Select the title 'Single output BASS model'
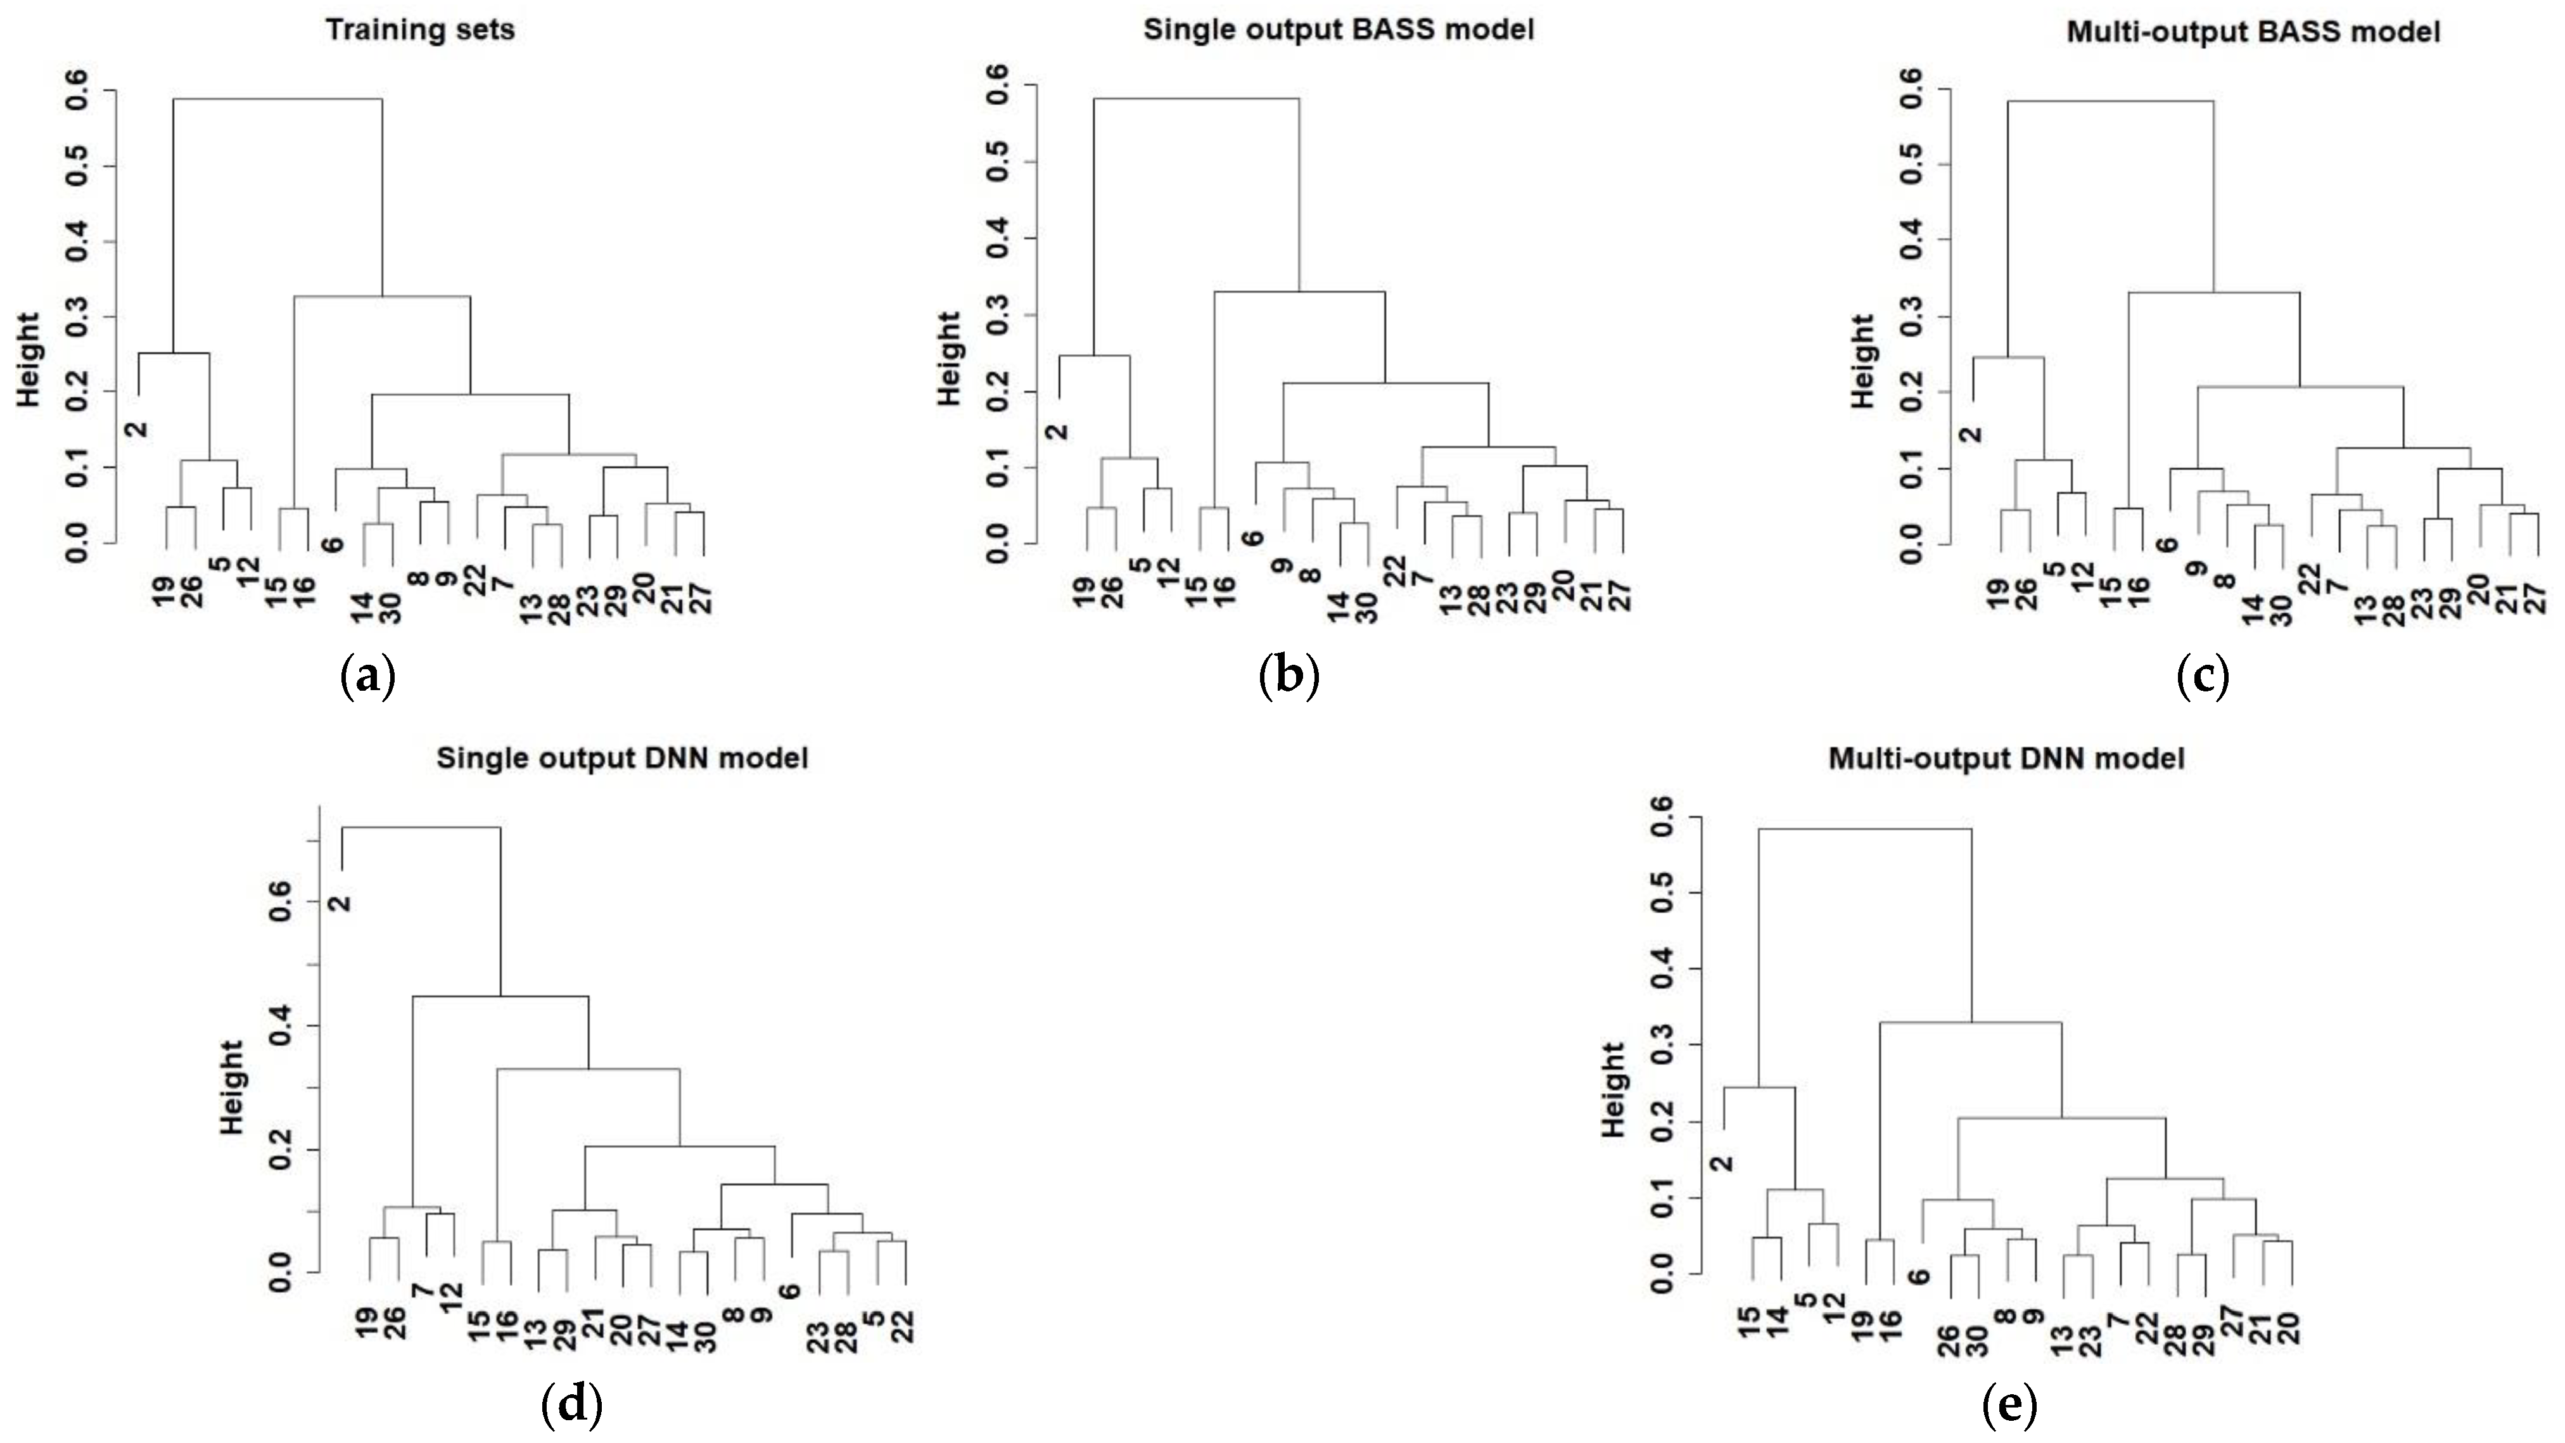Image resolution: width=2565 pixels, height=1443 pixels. point(1339,30)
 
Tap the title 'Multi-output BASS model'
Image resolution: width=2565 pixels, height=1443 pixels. point(2252,32)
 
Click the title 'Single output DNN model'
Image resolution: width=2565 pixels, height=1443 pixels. point(622,759)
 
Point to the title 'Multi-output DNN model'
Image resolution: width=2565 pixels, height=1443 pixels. point(2006,759)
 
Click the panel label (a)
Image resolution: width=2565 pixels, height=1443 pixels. point(367,677)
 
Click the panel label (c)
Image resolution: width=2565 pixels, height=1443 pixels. point(2203,677)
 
